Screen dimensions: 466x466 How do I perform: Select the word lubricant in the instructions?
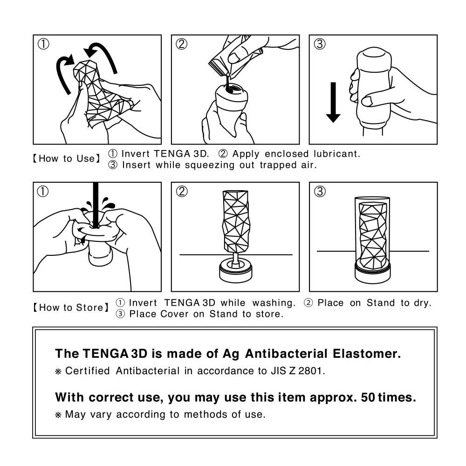(336, 154)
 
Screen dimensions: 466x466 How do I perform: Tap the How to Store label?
(70, 308)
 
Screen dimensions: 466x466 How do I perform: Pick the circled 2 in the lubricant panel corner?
(181, 44)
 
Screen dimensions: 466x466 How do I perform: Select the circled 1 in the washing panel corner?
(43, 192)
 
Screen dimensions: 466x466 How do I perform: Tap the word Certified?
(88, 371)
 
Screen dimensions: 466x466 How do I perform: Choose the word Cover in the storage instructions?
(173, 314)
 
